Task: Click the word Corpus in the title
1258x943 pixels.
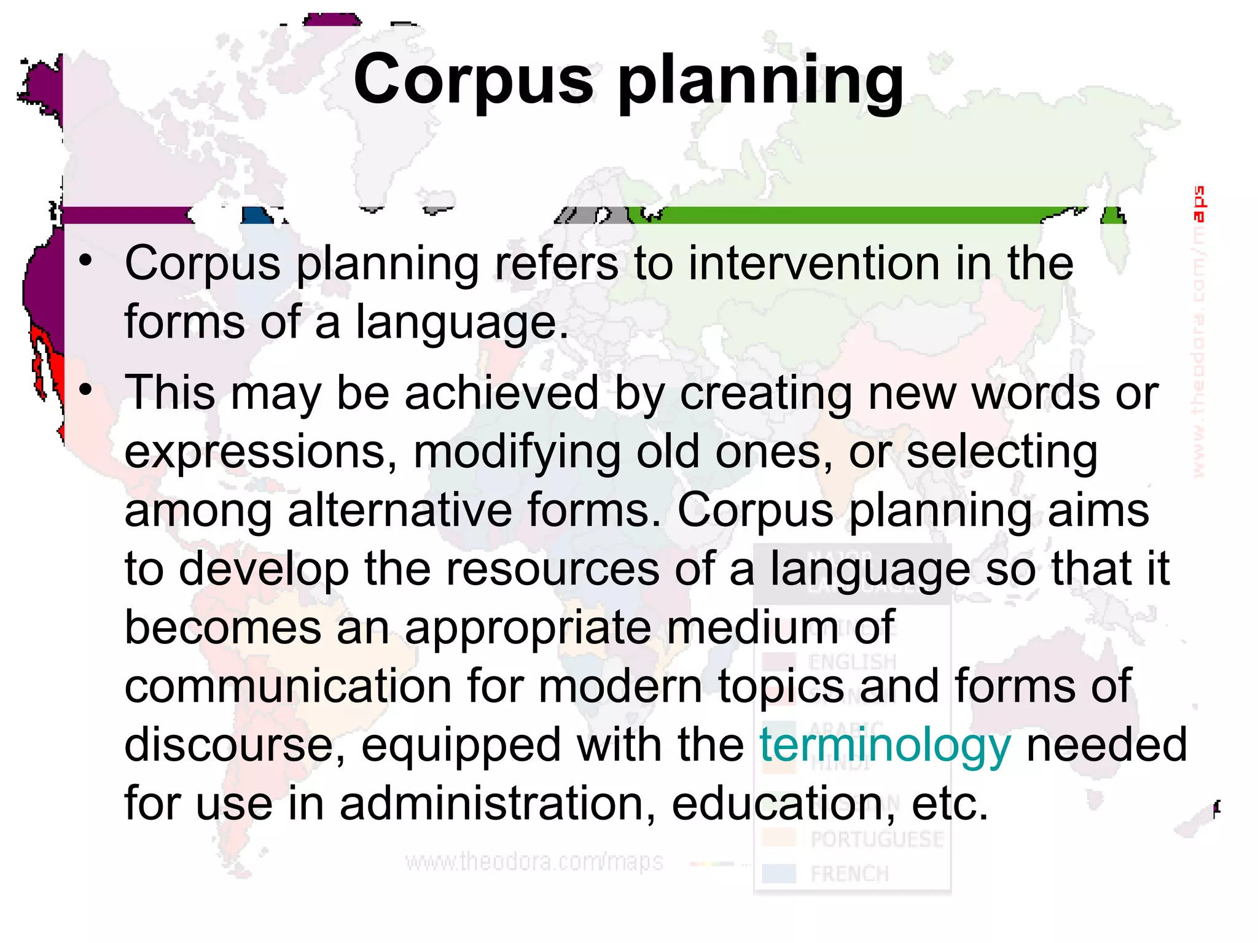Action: tap(473, 80)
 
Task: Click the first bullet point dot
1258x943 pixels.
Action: tap(85, 260)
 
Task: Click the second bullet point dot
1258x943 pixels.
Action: tap(85, 389)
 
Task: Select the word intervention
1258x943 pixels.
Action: tap(813, 264)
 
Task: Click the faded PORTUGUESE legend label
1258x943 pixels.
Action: tap(877, 839)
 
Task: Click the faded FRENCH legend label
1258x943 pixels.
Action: tap(850, 874)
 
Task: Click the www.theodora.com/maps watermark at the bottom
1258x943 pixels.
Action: tap(534, 862)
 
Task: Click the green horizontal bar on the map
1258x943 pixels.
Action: tap(848, 215)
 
